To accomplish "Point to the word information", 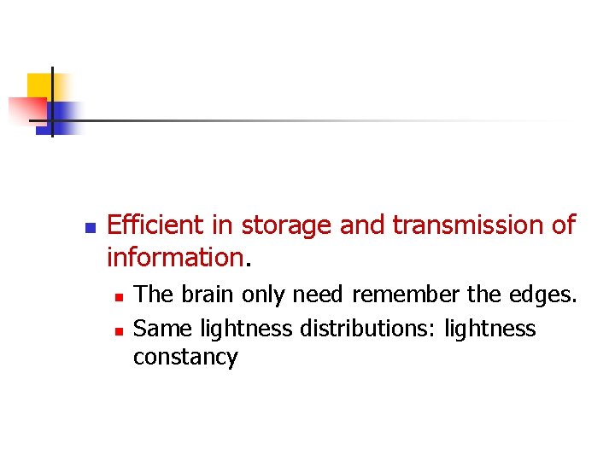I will (174, 256).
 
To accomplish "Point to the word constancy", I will (184, 358).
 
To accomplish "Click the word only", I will (265, 295).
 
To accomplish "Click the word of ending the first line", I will (563, 225).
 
